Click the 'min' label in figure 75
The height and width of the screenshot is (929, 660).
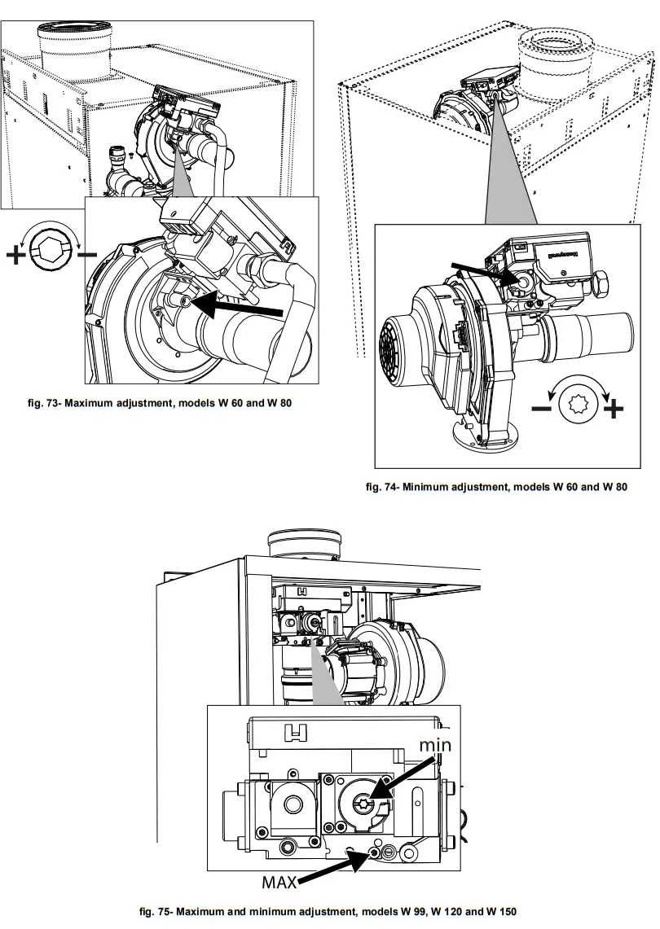point(434,745)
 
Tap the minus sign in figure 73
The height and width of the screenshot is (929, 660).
point(86,255)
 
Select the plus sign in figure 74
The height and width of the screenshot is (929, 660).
point(613,407)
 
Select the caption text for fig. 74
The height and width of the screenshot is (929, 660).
point(508,487)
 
